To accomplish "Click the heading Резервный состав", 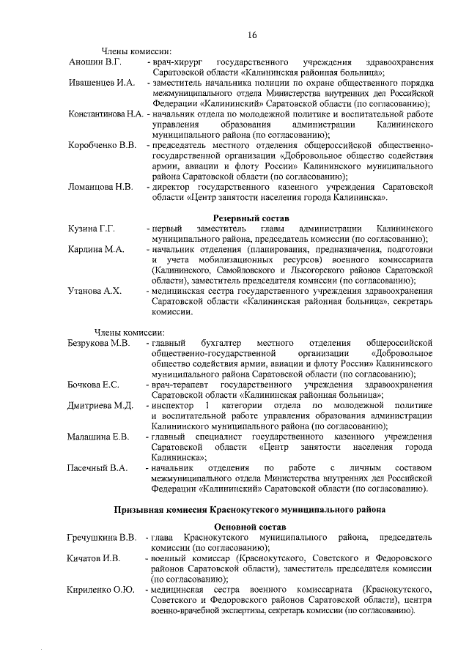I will (x=251, y=218).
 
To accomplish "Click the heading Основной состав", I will (x=251, y=526).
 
